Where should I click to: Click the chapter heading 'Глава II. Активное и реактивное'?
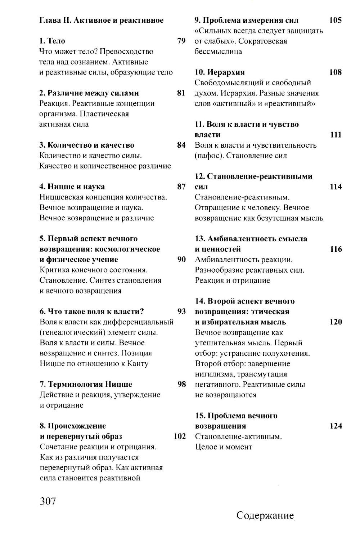tap(101, 20)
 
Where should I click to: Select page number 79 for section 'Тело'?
tap(181, 41)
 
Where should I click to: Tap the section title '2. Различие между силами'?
tap(89, 93)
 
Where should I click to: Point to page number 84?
tap(181, 145)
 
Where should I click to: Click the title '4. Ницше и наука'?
tap(72, 187)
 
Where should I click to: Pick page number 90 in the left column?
tap(181, 260)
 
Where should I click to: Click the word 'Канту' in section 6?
tap(138, 364)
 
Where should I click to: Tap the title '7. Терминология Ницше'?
tap(86, 384)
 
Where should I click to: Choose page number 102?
tap(180, 436)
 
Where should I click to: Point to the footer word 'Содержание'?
tap(265, 515)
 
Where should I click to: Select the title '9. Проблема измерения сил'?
tap(247, 20)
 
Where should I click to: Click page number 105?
tap(336, 20)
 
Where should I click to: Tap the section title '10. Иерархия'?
tap(220, 72)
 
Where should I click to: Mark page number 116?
tap(336, 249)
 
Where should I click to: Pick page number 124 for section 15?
tap(336, 426)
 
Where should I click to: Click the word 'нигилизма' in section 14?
tap(215, 374)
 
